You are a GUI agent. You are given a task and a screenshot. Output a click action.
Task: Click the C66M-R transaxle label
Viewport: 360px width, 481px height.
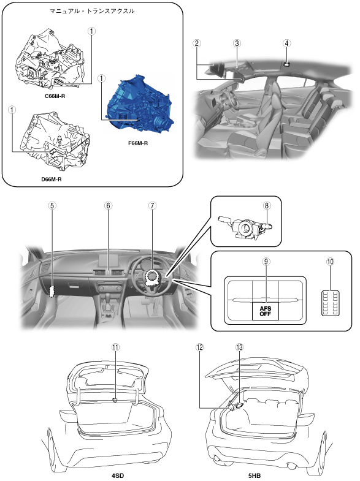coord(55,96)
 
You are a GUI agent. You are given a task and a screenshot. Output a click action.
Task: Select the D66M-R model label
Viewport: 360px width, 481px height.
coord(52,179)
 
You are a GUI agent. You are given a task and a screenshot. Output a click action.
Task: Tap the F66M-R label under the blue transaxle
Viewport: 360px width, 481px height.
coord(138,143)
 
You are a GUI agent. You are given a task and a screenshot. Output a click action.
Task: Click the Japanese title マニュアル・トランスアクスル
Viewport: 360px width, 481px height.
coord(92,11)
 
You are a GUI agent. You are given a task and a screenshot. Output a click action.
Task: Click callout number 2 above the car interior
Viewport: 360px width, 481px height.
coord(197,43)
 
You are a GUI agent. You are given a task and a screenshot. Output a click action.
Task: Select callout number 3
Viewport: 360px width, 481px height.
coord(237,43)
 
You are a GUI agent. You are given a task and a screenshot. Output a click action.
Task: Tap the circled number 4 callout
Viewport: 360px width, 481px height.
coord(286,43)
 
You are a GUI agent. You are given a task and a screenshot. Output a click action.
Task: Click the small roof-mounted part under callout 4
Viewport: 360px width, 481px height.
coord(286,64)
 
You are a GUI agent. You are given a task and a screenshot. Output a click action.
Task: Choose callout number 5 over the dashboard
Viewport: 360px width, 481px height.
coord(52,205)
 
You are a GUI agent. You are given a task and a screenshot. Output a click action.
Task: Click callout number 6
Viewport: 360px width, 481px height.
coord(108,205)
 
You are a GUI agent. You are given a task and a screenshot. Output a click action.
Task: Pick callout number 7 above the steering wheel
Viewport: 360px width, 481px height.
coord(152,205)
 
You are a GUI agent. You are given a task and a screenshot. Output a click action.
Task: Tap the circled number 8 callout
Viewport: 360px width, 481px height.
coord(266,205)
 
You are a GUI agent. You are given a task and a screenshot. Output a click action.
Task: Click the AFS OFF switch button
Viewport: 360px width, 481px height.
coord(266,311)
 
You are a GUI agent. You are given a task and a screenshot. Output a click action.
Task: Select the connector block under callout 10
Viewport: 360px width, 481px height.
coord(330,303)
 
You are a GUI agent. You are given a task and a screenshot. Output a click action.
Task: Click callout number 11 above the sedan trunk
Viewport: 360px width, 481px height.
coord(115,347)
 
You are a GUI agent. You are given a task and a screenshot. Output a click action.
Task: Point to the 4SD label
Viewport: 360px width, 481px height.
coord(118,475)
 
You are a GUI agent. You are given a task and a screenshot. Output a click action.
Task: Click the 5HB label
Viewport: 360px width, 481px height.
coord(255,475)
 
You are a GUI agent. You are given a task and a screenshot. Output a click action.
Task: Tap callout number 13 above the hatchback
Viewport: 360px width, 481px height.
coord(239,347)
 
